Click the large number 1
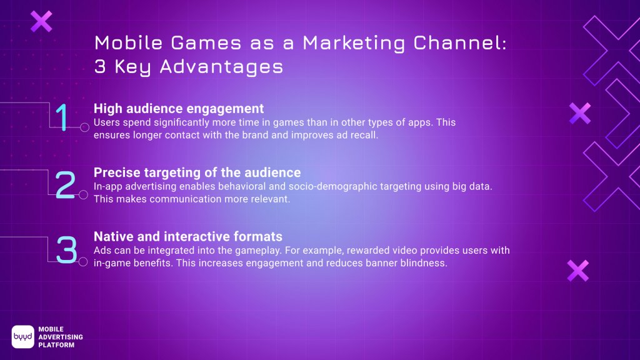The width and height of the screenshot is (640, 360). pyautogui.click(x=62, y=118)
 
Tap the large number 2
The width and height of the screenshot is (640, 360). pyautogui.click(x=64, y=185)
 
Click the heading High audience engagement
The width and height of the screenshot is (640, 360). pyautogui.click(x=179, y=108)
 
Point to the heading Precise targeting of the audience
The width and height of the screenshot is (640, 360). pyautogui.click(x=197, y=172)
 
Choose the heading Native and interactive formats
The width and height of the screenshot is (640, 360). pyautogui.click(x=187, y=236)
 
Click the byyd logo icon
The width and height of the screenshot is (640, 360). pyautogui.click(x=22, y=336)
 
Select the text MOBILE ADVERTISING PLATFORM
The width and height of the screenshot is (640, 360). pyautogui.click(x=60, y=337)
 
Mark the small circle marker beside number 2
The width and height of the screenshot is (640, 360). pyautogui.click(x=83, y=195)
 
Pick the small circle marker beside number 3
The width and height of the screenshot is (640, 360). pyautogui.click(x=83, y=261)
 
